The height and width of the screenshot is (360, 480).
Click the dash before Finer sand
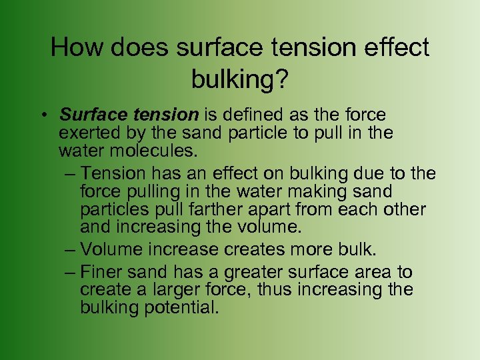tap(70, 272)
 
